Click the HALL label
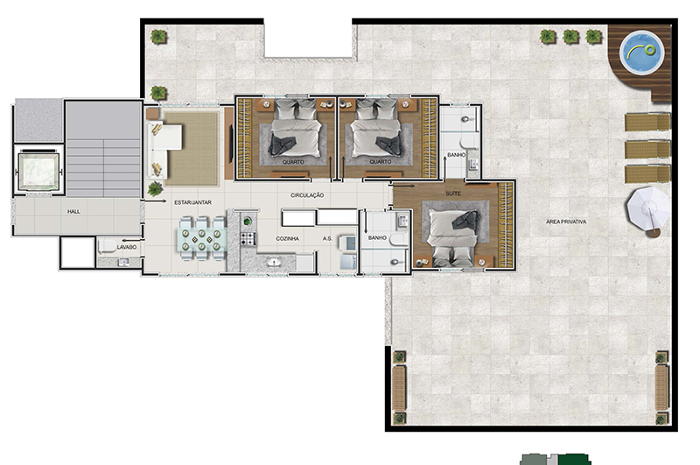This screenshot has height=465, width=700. [73, 211]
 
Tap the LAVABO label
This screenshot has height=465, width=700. [126, 247]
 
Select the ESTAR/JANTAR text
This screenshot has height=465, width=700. [192, 202]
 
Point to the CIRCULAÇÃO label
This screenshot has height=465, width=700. [307, 195]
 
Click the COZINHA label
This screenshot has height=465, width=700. [288, 238]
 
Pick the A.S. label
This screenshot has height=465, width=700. [327, 238]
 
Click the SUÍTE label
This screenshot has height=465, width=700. [453, 194]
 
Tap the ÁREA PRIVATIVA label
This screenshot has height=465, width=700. [566, 222]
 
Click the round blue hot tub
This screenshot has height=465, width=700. [642, 52]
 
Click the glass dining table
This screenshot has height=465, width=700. [201, 239]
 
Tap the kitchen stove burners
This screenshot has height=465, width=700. [248, 239]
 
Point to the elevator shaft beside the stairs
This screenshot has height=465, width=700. [38, 172]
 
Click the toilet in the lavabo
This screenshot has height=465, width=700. [107, 247]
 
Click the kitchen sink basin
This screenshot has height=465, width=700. [274, 262]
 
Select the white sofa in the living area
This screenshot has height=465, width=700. [163, 150]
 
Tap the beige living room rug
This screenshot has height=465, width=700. [191, 149]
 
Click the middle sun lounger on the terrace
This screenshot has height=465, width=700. [647, 150]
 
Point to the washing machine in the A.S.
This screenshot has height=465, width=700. [347, 243]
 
